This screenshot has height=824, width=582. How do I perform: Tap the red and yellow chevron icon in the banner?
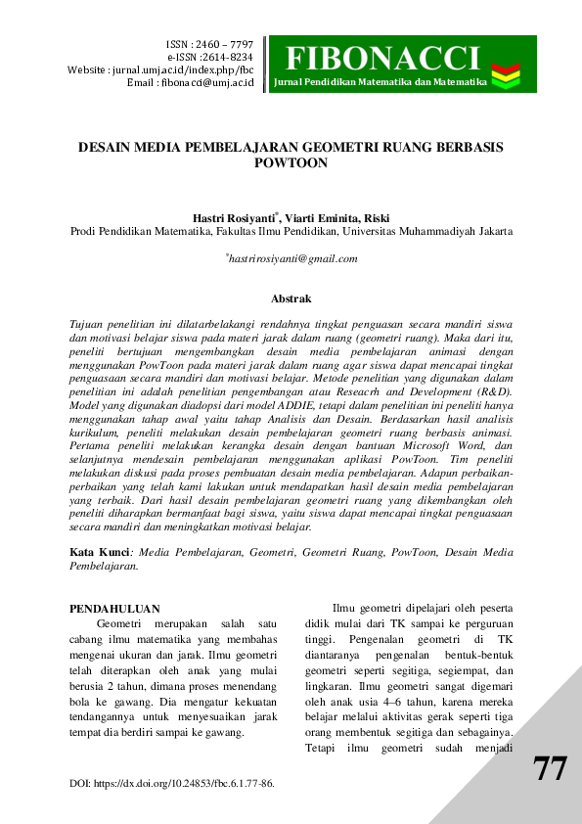506,71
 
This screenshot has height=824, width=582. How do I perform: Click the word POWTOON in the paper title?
291,164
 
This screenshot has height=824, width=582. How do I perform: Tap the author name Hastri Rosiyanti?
235,217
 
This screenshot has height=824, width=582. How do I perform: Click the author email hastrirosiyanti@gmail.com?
292,258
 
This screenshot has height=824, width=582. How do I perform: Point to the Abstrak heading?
291,298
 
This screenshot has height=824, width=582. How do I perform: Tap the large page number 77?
550,769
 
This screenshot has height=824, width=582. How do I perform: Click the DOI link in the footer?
172,784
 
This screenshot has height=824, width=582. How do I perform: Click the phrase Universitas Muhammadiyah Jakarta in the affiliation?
427,232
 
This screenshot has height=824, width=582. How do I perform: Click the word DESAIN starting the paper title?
109,147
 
